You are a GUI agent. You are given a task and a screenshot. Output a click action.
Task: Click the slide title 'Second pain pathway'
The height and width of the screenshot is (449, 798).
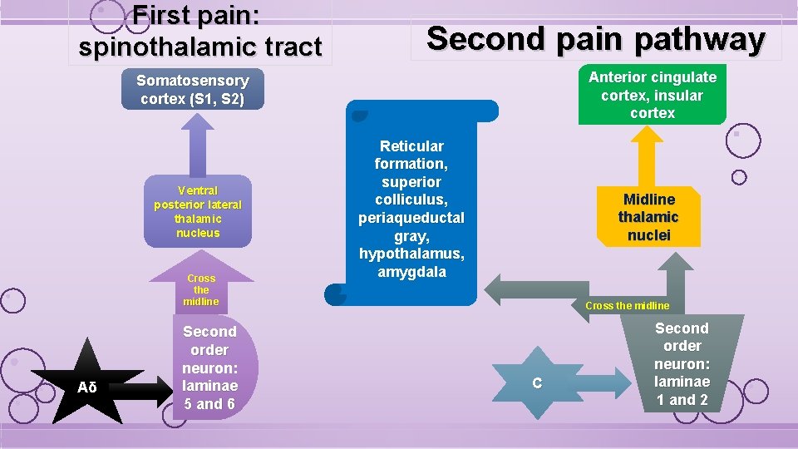(x=595, y=38)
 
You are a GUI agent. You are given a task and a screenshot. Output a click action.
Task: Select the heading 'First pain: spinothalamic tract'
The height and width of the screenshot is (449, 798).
(x=199, y=32)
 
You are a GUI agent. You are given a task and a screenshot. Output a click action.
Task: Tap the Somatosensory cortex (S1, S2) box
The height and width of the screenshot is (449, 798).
(x=192, y=90)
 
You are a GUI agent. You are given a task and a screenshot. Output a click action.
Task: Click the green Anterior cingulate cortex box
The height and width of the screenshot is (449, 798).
(x=652, y=95)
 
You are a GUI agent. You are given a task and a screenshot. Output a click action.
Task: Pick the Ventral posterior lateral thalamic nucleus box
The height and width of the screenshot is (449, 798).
(x=198, y=211)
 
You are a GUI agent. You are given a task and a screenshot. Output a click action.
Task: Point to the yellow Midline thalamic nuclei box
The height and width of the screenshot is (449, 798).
(x=648, y=217)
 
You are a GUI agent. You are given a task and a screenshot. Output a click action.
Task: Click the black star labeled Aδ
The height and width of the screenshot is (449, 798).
(x=87, y=387)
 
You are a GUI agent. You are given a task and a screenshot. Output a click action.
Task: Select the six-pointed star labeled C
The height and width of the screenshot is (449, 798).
(x=537, y=382)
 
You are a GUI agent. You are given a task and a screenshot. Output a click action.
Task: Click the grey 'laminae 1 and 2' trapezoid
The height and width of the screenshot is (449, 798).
(x=682, y=364)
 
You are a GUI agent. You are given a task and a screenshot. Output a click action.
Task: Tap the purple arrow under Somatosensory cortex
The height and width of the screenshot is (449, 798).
(x=197, y=142)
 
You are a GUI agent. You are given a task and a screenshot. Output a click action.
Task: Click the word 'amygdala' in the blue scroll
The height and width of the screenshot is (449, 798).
(x=411, y=272)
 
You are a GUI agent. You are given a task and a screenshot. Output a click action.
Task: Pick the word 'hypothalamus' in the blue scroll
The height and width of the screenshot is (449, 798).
(x=411, y=254)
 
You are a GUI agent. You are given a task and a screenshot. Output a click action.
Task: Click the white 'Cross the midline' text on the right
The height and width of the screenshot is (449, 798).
(x=627, y=305)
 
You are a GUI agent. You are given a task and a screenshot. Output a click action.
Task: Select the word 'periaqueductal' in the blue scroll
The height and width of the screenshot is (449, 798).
(x=411, y=218)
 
